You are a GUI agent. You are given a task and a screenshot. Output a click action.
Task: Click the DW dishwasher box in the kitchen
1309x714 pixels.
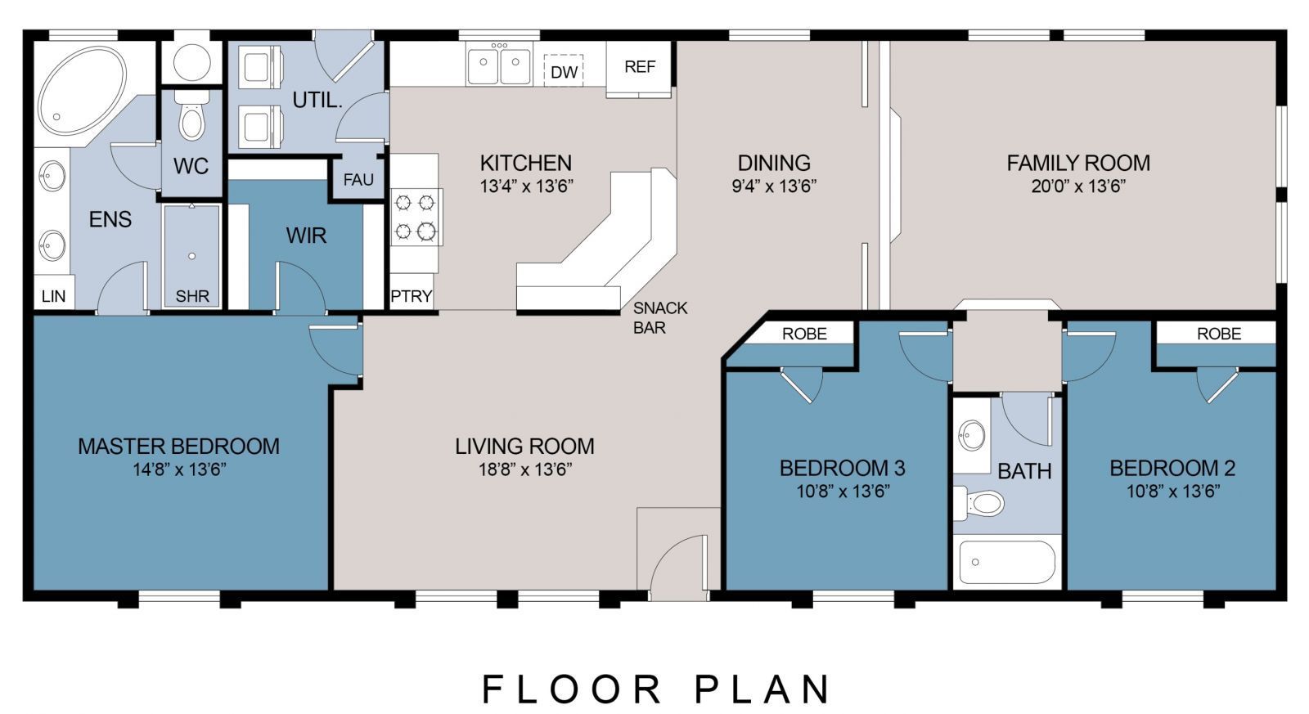coord(564,71)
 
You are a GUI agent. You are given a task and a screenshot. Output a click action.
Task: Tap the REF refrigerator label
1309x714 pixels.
coord(640,67)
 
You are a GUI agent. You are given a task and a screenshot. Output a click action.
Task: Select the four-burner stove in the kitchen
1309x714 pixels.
coord(416,218)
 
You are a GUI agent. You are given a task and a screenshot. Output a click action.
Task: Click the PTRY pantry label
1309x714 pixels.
coord(411,296)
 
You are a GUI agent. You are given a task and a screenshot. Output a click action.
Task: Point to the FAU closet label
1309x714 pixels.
coord(358,180)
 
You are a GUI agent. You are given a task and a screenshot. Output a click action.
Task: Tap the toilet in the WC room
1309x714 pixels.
coord(192,119)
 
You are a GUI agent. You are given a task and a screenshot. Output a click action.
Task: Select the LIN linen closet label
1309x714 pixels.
coord(53,296)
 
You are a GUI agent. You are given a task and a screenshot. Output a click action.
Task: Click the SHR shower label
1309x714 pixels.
coord(192,296)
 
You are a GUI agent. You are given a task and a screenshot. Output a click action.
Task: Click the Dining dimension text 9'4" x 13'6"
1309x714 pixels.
coord(774,186)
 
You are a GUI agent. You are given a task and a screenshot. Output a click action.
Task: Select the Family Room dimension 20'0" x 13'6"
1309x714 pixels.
coord(1078,186)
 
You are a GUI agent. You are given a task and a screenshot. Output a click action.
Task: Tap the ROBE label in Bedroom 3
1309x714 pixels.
coord(804,334)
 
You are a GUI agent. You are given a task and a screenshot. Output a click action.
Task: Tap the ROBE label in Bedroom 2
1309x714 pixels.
coord(1219,334)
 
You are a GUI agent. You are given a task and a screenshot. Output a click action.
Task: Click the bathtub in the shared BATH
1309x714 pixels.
coord(1007,562)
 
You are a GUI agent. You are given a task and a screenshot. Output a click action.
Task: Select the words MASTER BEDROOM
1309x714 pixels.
coord(178,447)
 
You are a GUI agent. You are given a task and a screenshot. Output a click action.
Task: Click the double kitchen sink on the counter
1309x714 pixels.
coord(499,65)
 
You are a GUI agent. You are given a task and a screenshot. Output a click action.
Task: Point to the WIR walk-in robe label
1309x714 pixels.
coord(306,236)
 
